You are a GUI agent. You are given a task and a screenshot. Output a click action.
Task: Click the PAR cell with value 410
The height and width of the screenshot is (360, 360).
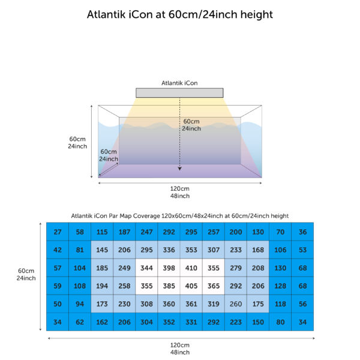tap(191, 268)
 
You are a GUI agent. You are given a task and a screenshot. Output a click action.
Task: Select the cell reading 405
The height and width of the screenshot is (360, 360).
tap(191, 286)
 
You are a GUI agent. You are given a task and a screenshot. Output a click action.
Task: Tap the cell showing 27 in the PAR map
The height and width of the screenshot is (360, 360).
tap(58, 232)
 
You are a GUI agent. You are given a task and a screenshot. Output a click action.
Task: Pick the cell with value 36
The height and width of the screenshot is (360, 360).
tap(302, 232)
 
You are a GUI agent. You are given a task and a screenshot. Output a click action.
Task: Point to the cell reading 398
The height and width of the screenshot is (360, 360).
tap(169, 268)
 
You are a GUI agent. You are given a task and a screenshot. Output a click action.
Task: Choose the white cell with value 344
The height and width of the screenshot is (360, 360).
tap(146, 268)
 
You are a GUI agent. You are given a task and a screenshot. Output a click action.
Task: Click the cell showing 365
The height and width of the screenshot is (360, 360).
tap(213, 286)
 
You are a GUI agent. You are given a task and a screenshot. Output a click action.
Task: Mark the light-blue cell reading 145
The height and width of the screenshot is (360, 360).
tap(102, 250)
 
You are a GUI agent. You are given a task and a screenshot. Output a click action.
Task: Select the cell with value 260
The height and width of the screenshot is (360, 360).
tap(236, 304)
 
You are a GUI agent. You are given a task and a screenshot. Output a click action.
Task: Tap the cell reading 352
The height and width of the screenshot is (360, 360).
tap(169, 322)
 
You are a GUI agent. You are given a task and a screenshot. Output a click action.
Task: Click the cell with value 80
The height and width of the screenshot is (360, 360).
tap(280, 322)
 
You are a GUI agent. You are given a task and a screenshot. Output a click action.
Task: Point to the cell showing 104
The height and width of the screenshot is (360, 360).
tap(80, 268)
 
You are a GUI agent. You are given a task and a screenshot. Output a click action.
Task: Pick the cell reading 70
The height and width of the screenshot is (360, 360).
tap(280, 232)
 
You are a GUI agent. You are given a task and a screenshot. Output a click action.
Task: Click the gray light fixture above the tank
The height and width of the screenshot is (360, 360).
tap(179, 93)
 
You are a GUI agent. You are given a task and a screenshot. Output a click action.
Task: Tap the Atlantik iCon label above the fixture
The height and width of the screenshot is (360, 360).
tap(179, 83)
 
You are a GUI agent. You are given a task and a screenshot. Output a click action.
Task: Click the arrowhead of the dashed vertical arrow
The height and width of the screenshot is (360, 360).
tap(180, 169)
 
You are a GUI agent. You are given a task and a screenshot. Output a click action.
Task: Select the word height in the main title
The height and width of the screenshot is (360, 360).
tap(256, 14)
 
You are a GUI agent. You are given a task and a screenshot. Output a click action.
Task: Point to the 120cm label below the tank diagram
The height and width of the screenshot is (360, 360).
tap(180, 188)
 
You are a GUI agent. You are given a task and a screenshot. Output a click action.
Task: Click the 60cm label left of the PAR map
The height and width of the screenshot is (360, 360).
tap(26, 271)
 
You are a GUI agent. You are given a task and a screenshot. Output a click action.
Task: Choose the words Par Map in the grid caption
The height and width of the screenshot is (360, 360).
tap(120, 216)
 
